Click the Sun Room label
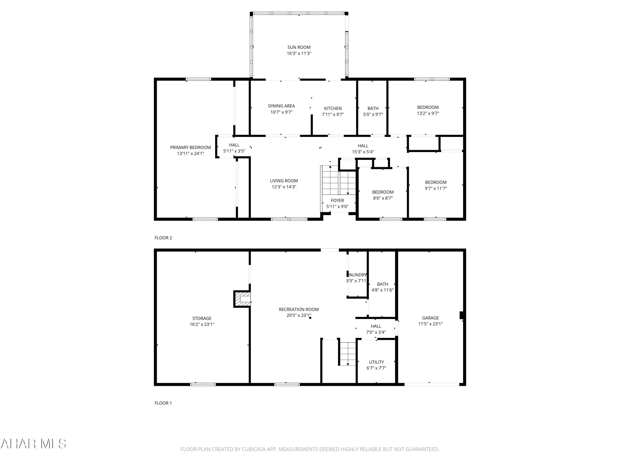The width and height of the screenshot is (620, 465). (299, 47)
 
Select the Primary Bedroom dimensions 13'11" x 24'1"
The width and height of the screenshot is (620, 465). (190, 154)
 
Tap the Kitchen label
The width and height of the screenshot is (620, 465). (333, 108)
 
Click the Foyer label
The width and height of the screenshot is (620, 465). (337, 200)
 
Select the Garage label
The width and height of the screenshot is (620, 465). (430, 318)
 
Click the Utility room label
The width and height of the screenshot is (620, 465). (376, 362)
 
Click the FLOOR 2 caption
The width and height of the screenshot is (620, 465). (163, 238)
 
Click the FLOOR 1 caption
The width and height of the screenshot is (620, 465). (163, 403)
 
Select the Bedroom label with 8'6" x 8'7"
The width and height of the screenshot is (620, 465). (383, 192)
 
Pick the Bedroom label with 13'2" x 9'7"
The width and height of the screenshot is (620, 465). (428, 107)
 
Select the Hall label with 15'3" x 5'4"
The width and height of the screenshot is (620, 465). (363, 146)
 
